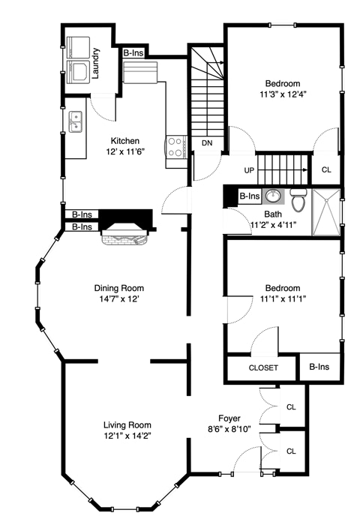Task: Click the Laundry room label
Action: pos(95,64)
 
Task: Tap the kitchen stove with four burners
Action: pos(176,147)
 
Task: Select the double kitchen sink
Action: pos(76,121)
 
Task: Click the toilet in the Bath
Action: pos(298,199)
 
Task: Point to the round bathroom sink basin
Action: pos(273,196)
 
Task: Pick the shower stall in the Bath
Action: pos(326,212)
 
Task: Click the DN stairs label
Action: pos(207,143)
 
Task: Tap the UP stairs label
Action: pos(249,170)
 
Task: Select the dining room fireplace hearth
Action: pos(124,238)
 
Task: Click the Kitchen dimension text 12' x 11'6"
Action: pos(125,151)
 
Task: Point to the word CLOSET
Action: pos(263,367)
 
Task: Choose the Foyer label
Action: pos(229,418)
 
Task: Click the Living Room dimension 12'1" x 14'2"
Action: pos(127,436)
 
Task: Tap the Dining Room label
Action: pos(119,288)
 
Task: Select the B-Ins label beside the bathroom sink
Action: pos(250,196)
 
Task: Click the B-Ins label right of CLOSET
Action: pos(319,367)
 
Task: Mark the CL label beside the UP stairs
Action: pos(326,169)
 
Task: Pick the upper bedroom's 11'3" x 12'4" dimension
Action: pos(283,94)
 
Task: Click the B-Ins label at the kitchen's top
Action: pos(133,53)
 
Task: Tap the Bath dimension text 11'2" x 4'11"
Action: pos(273,225)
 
